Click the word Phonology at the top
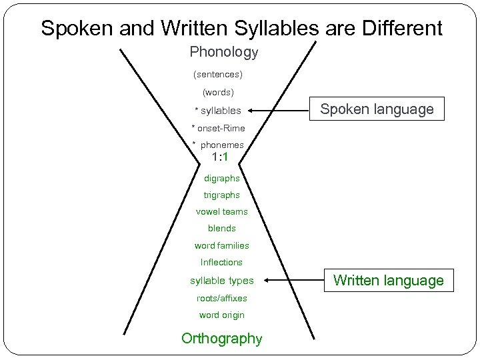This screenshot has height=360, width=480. coord(223,51)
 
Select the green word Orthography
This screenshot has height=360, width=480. coord(221,339)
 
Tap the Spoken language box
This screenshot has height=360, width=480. coord(377,109)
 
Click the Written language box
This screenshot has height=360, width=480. coord(388,281)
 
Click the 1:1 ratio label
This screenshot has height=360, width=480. coord(220,158)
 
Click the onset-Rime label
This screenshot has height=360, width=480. coord(218,127)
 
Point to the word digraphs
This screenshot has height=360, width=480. coord(222,178)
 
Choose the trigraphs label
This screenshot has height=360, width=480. coord(222,195)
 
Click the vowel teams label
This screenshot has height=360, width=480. coord(221,211)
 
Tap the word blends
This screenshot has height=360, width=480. coord(222,228)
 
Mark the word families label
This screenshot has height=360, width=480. coord(221,245)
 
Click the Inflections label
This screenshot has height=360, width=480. coord(221,262)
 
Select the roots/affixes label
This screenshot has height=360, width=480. coord(221,298)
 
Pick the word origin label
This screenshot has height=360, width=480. coord(221,315)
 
